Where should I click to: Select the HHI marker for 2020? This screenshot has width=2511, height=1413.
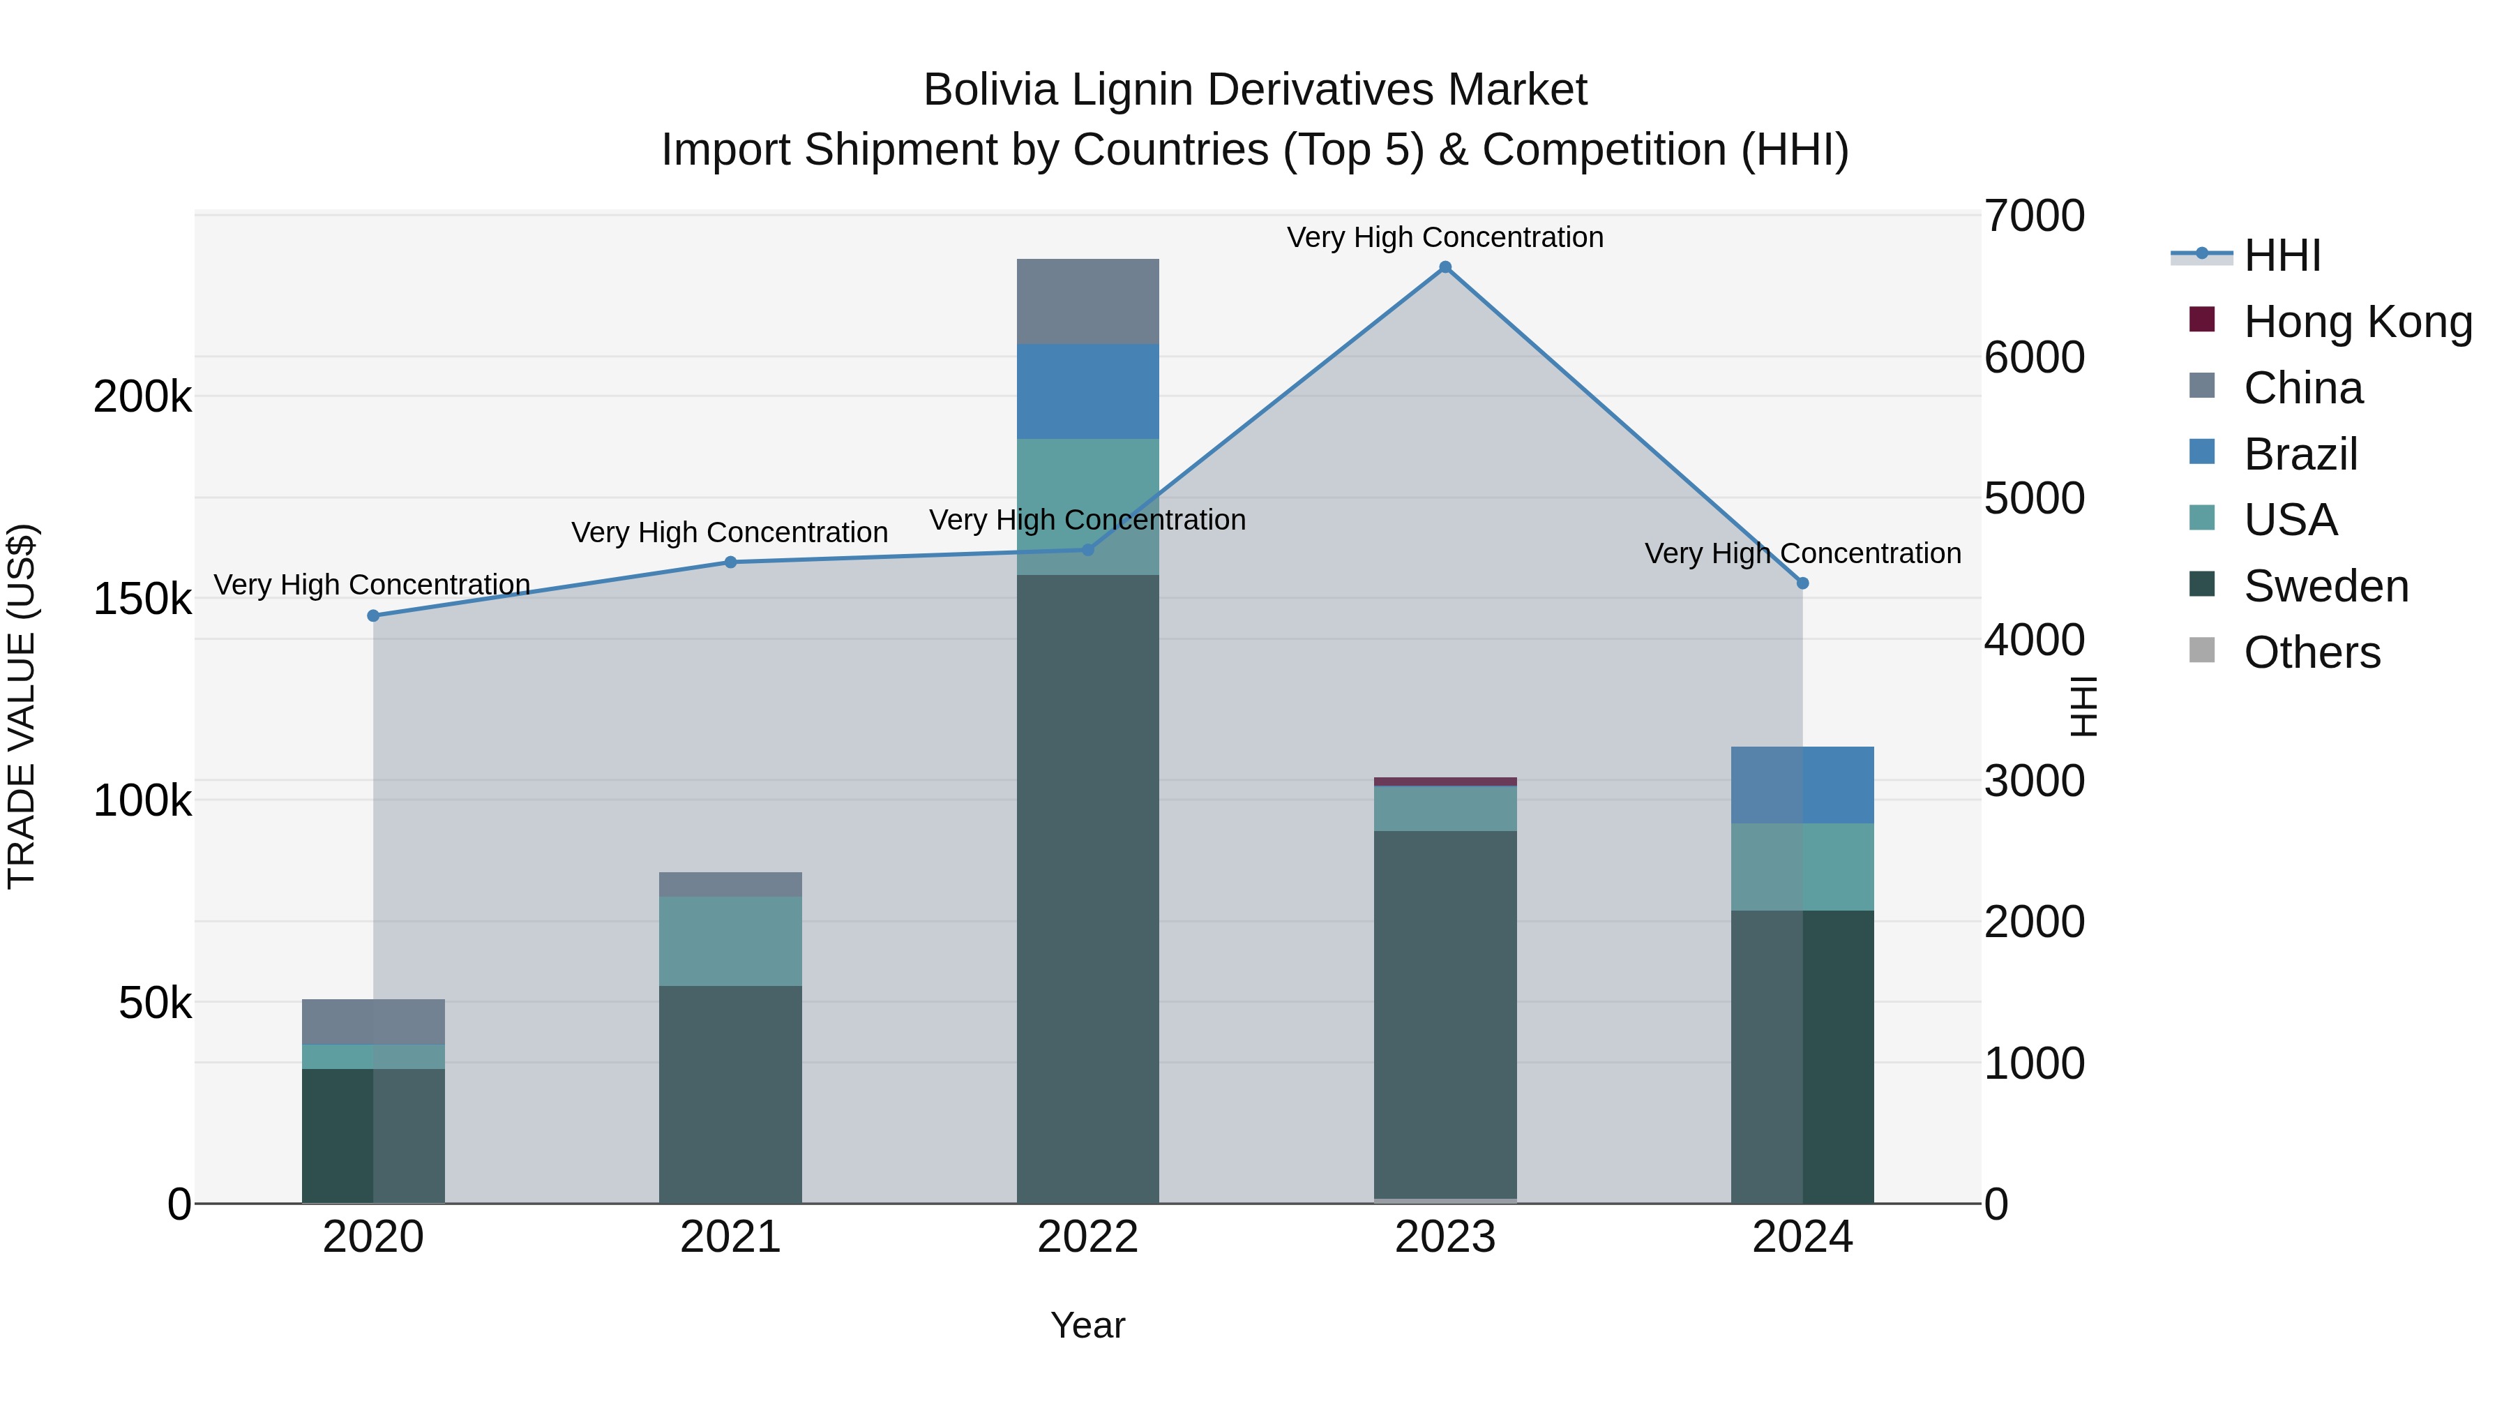(373, 615)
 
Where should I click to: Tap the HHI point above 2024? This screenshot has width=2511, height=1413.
(1802, 583)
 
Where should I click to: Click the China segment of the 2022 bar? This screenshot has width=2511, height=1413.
(1088, 301)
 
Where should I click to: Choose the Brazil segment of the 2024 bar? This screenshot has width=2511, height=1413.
(1802, 785)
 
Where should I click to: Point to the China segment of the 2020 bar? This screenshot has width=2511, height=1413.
(373, 1021)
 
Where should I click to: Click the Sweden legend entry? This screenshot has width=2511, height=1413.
(2325, 586)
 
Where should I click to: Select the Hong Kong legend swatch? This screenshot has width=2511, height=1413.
(2201, 320)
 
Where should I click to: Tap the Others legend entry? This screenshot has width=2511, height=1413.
(2312, 652)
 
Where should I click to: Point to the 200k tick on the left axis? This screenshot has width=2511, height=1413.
(142, 397)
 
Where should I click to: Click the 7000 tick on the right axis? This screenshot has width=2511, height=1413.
(2035, 216)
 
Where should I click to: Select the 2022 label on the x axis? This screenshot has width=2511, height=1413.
(1088, 1237)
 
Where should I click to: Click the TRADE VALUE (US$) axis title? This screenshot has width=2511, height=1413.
(22, 706)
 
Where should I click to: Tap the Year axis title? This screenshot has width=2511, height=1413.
(1088, 1325)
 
